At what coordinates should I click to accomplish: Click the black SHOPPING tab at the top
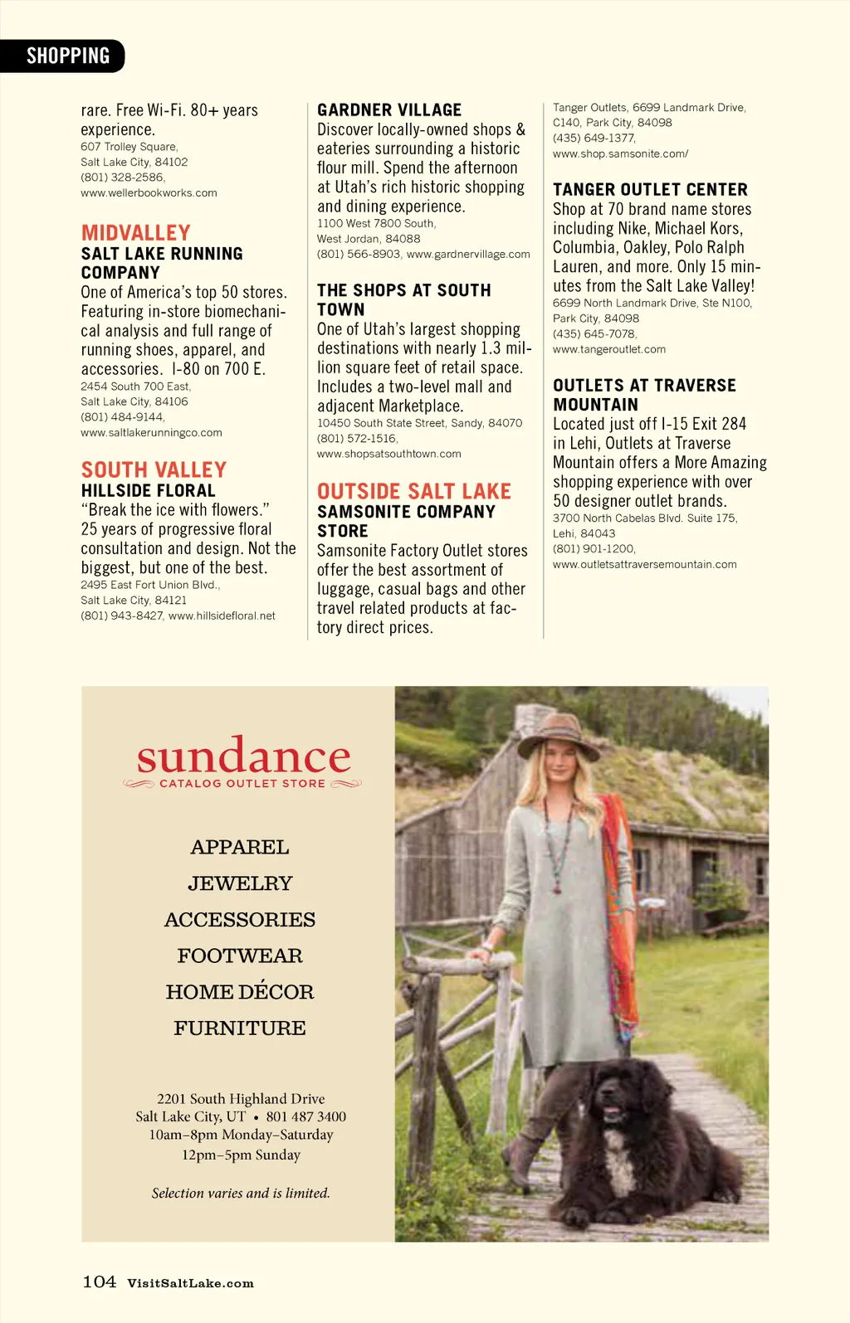pos(66,56)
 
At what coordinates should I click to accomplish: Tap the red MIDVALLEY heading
pos(135,232)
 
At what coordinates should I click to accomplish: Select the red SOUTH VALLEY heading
pos(154,469)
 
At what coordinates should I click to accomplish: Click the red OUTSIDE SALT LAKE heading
pos(413,491)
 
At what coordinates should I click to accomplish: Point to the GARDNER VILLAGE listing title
pos(388,110)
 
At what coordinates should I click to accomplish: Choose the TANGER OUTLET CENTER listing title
pos(650,190)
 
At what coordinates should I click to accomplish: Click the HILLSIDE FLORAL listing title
pos(148,491)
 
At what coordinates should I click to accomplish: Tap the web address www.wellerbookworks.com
pos(149,193)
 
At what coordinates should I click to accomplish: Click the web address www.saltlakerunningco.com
pos(151,433)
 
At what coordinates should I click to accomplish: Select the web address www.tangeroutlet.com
pos(608,350)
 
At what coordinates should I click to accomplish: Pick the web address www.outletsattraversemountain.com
pos(644,565)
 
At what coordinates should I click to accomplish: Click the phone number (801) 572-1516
pos(357,439)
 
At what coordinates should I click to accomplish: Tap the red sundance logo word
pos(243,756)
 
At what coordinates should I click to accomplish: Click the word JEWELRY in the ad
pos(240,883)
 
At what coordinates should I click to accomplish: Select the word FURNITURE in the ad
pos(240,1029)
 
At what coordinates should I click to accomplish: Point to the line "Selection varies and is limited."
pos(241,1194)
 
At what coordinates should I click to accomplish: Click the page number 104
pos(99,1282)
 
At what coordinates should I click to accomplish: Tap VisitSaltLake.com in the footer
pos(190,1283)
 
